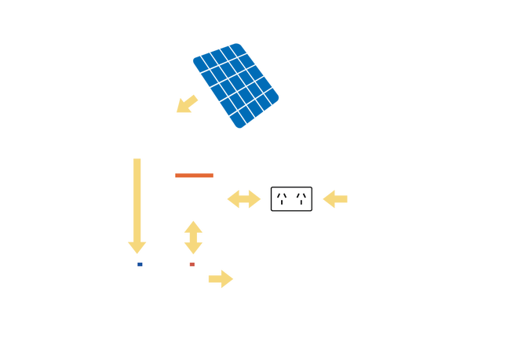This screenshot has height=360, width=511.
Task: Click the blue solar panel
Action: click(235, 85)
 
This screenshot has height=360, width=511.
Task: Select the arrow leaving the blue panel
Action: click(187, 104)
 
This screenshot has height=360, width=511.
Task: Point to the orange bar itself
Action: click(194, 175)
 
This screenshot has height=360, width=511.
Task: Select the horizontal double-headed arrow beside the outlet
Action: click(244, 199)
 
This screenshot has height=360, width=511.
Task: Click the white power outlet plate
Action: click(292, 199)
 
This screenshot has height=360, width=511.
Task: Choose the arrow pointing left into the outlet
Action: click(334, 199)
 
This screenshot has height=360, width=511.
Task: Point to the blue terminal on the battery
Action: click(141, 264)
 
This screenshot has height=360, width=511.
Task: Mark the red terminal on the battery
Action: click(192, 264)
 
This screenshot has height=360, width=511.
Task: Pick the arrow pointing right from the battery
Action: click(221, 278)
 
